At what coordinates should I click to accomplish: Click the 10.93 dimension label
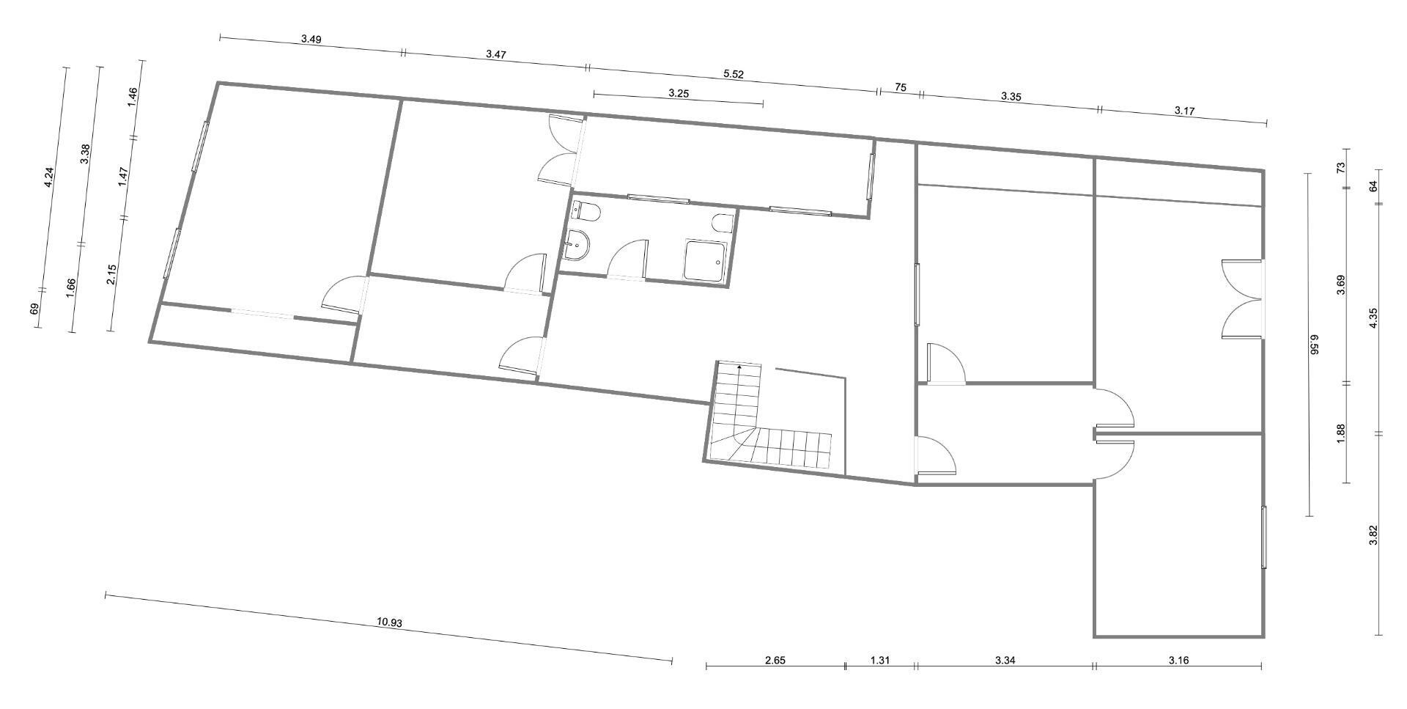pos(390,622)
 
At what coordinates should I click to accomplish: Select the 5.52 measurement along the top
pos(734,74)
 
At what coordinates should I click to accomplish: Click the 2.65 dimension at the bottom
pos(775,660)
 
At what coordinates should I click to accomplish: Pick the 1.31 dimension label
pos(880,660)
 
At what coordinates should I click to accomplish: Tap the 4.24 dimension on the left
pos(48,178)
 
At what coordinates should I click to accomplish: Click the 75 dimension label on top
pos(901,87)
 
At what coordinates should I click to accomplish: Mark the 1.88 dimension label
pos(1340,433)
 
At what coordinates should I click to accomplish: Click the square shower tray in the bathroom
pos(705,260)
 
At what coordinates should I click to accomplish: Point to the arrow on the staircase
pos(739,366)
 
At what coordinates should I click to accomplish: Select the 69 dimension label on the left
pos(34,309)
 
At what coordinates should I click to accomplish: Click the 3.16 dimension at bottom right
pos(1178,660)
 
